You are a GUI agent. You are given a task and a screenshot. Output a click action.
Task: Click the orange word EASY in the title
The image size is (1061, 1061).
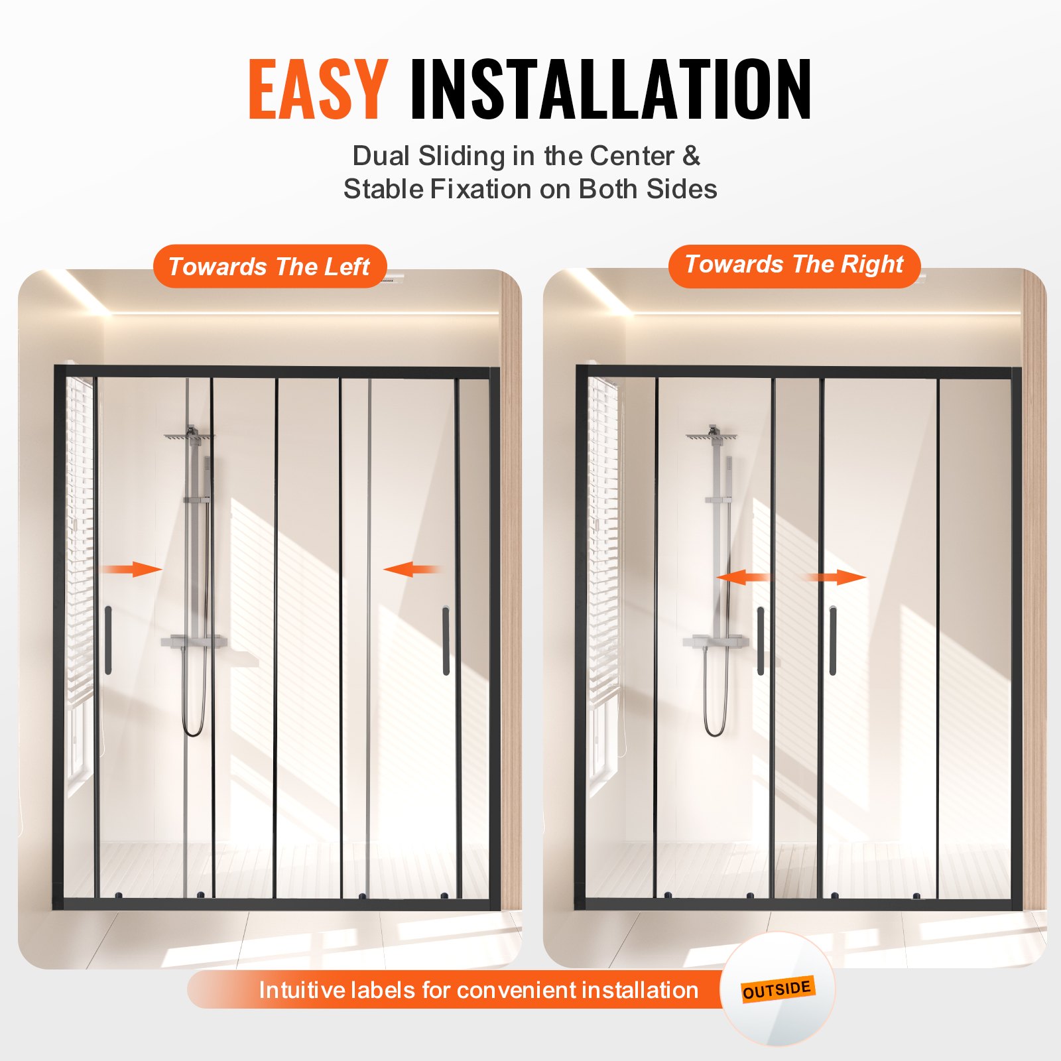point(318,89)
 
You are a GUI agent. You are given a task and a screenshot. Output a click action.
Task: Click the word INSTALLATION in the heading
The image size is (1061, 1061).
point(610,89)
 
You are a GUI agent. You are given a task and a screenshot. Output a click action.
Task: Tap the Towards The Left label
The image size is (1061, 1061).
point(269,267)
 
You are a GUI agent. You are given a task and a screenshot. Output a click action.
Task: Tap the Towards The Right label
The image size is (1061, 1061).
point(794,265)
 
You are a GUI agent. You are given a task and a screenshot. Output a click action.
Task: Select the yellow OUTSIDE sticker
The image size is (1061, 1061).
point(777,989)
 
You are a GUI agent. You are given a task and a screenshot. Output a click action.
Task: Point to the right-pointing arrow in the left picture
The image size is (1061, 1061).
point(133,569)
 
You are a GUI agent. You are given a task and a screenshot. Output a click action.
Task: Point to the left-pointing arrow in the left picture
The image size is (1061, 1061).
point(412,569)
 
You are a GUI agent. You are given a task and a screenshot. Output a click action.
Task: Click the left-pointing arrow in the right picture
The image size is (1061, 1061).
point(743,577)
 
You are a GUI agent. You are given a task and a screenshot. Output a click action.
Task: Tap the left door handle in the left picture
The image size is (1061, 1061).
point(108,640)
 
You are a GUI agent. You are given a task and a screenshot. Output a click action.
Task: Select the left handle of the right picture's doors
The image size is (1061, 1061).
point(761,641)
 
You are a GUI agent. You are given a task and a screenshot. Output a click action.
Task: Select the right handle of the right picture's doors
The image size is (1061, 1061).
point(833,641)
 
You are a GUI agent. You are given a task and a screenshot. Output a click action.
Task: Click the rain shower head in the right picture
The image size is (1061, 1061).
point(712,436)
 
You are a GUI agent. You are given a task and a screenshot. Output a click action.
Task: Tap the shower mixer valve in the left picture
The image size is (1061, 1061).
point(194,641)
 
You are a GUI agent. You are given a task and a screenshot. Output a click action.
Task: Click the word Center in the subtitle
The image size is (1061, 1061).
point(631,156)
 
